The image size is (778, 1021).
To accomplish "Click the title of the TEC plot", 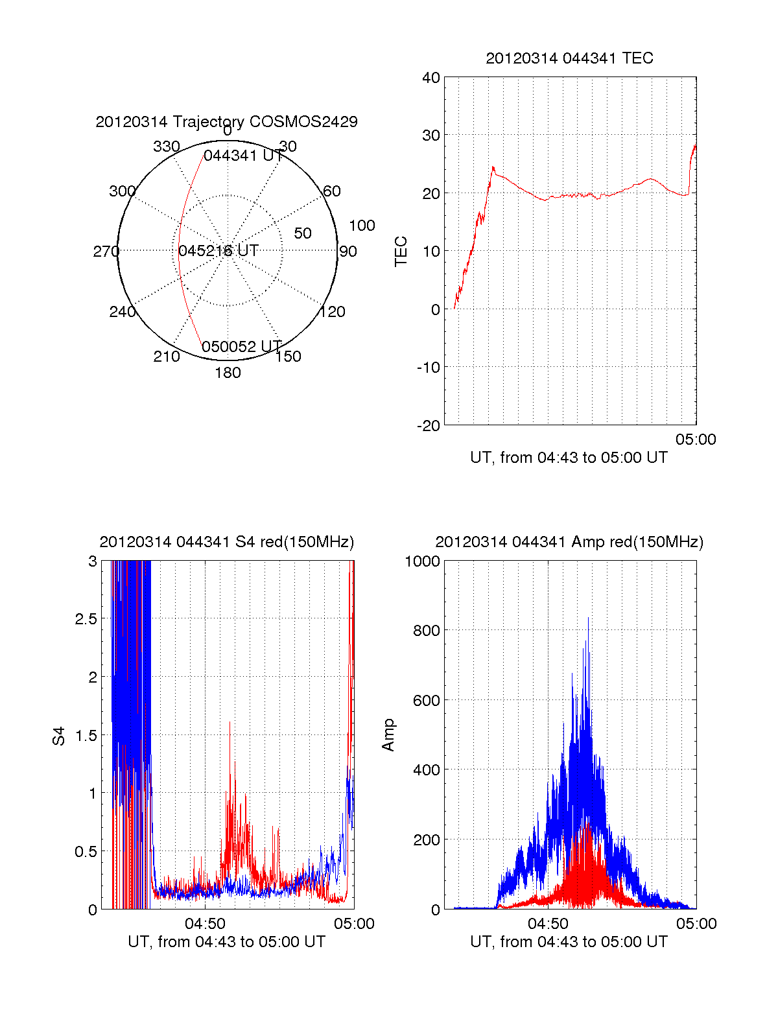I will click(569, 58).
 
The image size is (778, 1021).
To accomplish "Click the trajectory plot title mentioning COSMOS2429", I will click(226, 122).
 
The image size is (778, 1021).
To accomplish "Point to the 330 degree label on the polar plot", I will click(167, 147).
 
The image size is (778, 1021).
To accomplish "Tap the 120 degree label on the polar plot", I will click(333, 312).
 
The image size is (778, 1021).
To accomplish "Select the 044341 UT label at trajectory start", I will click(243, 156).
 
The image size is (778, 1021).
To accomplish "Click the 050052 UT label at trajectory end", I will click(241, 347).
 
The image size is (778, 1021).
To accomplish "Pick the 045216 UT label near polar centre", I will click(218, 251).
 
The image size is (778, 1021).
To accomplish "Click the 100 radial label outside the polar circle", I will click(362, 226).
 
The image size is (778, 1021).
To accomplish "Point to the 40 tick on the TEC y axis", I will click(431, 78).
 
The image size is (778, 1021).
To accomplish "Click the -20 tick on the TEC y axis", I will click(428, 425).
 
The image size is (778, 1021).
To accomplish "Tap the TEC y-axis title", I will click(401, 252).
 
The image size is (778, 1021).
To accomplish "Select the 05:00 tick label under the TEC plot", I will click(696, 440).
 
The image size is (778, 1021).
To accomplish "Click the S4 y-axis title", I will click(59, 736).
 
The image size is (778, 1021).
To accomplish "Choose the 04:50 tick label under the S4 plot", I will click(205, 924).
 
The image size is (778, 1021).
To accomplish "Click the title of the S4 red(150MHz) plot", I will click(226, 542).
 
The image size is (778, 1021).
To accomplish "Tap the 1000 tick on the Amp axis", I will click(422, 561).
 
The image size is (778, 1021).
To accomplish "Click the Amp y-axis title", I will click(388, 735).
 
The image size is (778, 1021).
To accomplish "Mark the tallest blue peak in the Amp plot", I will click(588, 618).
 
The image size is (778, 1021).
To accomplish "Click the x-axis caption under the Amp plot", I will click(569, 942).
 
